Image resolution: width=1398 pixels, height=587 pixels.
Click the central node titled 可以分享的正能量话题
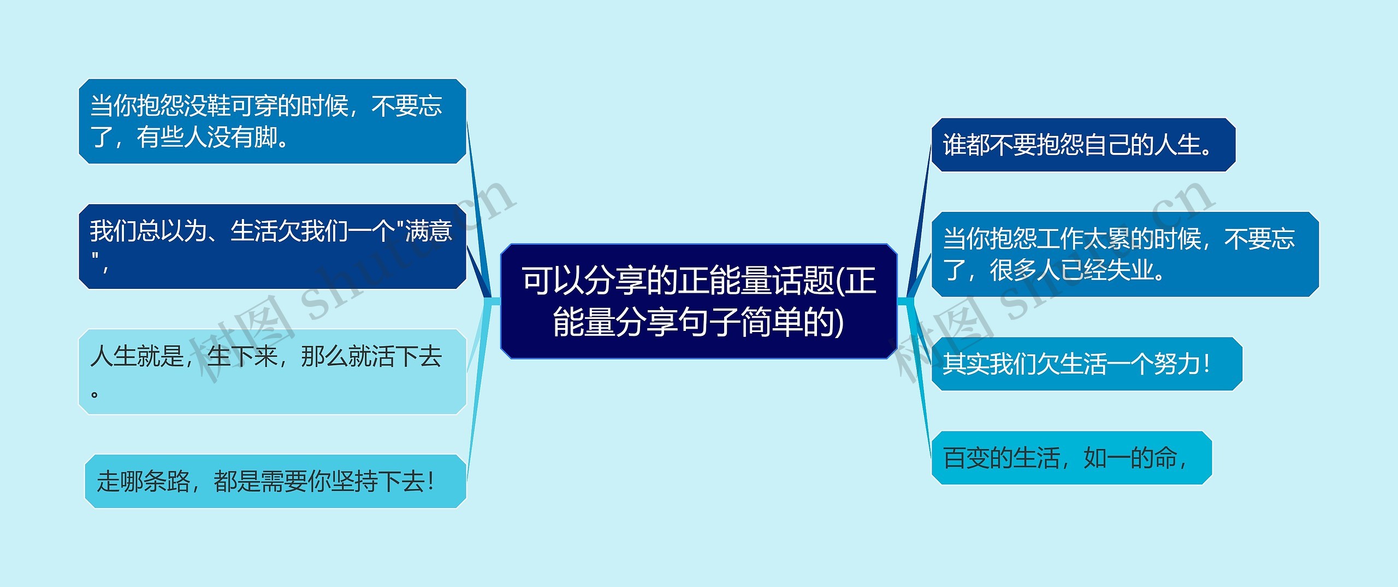[698, 301]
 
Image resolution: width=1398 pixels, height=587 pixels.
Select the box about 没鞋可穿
[272, 121]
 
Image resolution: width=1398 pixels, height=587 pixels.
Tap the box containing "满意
[272, 246]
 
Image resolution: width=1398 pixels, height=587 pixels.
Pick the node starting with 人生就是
[272, 371]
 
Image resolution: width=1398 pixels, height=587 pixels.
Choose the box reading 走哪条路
[275, 481]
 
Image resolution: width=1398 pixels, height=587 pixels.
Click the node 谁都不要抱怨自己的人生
[1083, 145]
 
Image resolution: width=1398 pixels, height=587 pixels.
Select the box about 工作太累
[1124, 254]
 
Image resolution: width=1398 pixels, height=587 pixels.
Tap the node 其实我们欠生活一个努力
[1086, 364]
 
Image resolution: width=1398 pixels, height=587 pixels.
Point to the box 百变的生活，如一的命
[1071, 458]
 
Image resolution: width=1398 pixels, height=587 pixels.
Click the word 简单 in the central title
[771, 322]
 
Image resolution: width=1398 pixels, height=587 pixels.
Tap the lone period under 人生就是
[94, 394]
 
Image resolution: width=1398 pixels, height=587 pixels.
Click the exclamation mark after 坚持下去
[431, 482]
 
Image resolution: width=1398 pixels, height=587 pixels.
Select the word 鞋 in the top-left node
[219, 105]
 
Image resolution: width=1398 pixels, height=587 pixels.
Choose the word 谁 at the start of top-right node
[955, 145]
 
